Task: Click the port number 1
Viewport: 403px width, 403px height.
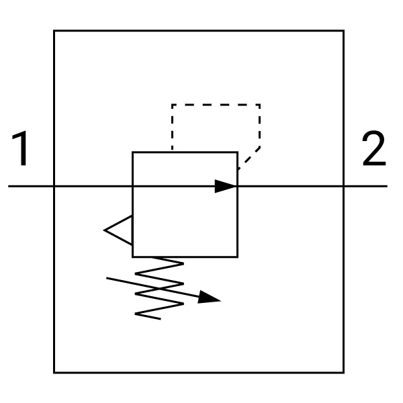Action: [20, 148]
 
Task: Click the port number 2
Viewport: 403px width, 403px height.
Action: [374, 148]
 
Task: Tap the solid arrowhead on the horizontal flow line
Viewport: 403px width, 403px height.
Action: [226, 186]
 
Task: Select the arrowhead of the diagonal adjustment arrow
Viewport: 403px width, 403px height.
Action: [209, 298]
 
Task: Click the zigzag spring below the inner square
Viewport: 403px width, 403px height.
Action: [159, 288]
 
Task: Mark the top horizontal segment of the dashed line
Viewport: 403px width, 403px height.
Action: [216, 105]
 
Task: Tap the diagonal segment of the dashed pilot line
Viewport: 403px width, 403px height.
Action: [249, 159]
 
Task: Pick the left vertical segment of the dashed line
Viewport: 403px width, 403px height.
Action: [172, 128]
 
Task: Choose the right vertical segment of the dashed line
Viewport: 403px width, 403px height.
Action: [260, 126]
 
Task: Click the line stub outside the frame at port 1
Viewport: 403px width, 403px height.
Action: [31, 186]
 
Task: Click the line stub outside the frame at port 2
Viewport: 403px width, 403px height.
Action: [366, 186]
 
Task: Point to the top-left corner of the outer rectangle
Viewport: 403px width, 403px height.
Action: [54, 31]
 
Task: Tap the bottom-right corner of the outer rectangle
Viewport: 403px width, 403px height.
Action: [344, 372]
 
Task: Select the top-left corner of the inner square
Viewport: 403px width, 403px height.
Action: [132, 152]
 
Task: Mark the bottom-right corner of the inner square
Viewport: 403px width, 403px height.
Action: [238, 257]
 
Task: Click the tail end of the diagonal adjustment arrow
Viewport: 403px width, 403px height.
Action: [107, 278]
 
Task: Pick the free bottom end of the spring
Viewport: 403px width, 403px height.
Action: [161, 319]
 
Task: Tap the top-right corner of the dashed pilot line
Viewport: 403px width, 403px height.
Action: [260, 105]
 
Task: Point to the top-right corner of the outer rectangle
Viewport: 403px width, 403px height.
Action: [344, 31]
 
